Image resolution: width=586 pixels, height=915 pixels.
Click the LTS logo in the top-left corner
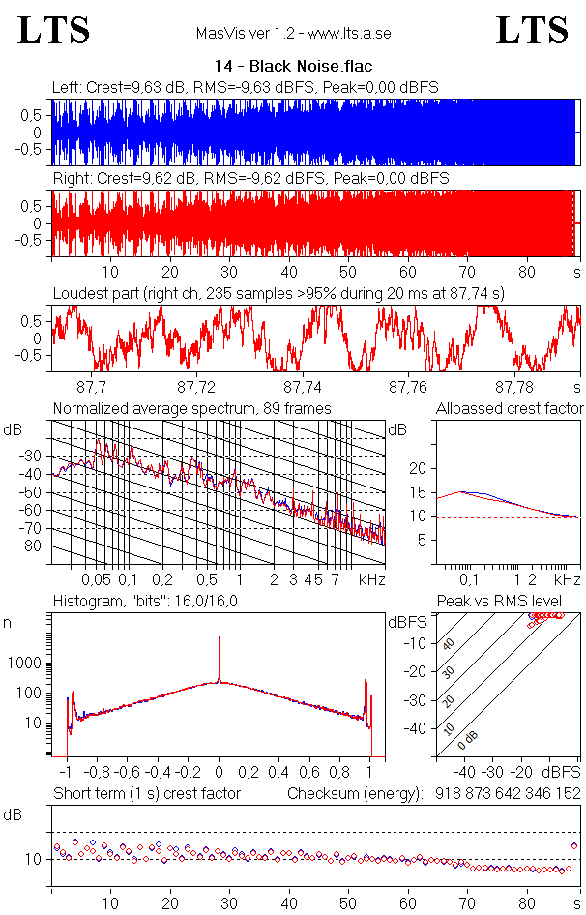point(55,30)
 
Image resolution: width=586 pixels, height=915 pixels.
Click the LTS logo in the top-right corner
point(532,30)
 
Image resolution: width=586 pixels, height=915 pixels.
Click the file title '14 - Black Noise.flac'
point(293,67)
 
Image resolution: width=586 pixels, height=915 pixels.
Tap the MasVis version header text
point(293,34)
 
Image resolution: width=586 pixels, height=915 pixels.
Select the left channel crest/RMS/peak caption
point(246,87)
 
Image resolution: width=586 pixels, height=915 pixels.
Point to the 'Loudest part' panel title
point(278,292)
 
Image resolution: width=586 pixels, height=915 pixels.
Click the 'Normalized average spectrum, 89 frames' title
point(191,409)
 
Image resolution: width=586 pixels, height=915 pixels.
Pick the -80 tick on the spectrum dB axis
point(36,546)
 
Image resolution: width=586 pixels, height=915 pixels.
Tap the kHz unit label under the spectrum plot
point(371,579)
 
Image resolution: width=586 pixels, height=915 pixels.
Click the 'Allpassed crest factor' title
point(510,409)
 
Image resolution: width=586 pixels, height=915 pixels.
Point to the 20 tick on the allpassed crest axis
point(419,468)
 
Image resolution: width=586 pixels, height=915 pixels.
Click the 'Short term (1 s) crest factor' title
point(146,793)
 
